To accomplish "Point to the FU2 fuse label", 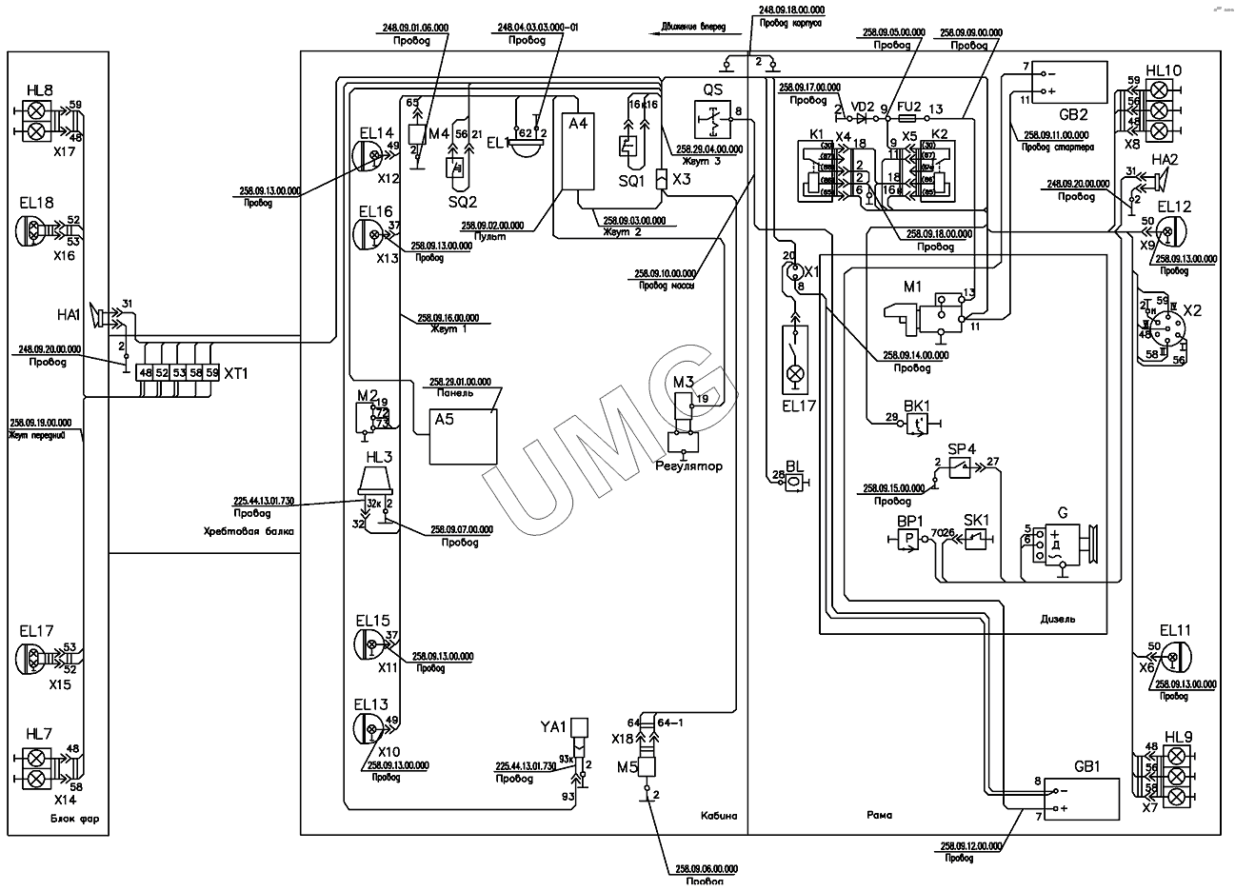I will (908, 106).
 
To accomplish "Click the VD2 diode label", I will (863, 106).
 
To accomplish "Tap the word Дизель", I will (1058, 619).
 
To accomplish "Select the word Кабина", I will (719, 816).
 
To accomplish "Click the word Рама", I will (879, 816).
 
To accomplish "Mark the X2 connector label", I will (1191, 311).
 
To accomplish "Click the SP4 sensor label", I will (962, 448).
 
